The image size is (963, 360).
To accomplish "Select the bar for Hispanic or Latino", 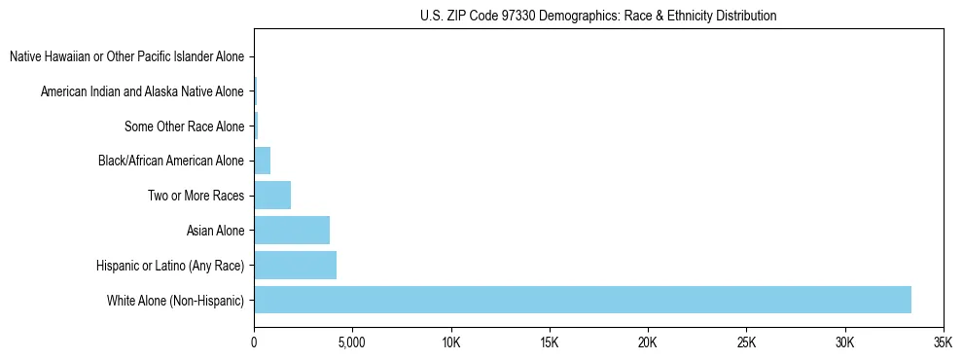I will [295, 266].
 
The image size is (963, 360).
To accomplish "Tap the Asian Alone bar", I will [292, 231].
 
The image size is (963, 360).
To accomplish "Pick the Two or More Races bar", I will [272, 196].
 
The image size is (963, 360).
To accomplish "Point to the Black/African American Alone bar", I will [262, 161].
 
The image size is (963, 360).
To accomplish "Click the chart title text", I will [598, 16].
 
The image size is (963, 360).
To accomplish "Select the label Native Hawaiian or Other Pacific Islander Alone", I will [126, 57].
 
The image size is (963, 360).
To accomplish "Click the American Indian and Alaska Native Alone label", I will [142, 92].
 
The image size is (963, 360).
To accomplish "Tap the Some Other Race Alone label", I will [184, 126].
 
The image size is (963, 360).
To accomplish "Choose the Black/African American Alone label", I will [171, 161].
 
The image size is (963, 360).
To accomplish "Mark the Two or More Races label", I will [196, 196].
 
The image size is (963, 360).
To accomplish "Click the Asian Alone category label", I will [215, 231].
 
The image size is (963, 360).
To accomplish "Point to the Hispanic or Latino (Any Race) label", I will [170, 266].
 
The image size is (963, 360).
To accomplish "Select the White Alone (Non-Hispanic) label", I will [175, 300].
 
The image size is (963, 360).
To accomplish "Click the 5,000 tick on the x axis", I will [352, 343].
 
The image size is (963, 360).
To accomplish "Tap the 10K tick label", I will [450, 343].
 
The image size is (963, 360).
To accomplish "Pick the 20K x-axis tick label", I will [647, 343].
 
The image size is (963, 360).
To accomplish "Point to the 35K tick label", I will [942, 343].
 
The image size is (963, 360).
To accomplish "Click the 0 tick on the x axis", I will [254, 343].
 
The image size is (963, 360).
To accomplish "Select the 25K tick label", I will [745, 343].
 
